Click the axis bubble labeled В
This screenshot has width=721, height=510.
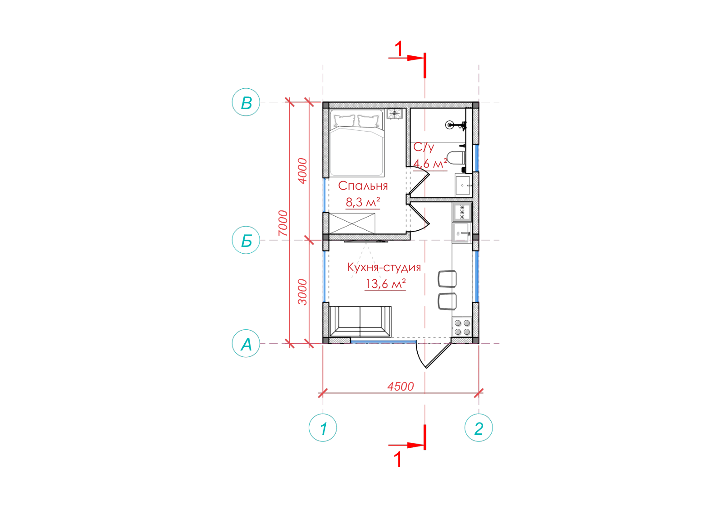pos(246,102)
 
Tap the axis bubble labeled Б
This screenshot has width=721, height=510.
pos(246,240)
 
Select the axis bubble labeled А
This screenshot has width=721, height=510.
pos(246,343)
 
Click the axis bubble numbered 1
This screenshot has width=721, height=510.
pos(323,428)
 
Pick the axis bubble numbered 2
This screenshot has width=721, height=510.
pos(479,428)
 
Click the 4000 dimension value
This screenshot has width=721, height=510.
pos(302,171)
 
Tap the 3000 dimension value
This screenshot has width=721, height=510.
pos(302,292)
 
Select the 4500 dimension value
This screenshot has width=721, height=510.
pos(401,387)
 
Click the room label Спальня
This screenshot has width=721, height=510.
pos(363,186)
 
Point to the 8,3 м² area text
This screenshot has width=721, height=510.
pos(363,202)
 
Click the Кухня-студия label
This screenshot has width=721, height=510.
pos(384,267)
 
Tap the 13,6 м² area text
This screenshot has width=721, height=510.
pos(385,284)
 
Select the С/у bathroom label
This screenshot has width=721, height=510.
pos(424,147)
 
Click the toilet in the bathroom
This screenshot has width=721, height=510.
pos(456,158)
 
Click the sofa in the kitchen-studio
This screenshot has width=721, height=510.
pos(360,321)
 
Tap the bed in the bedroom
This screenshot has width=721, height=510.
pos(357,143)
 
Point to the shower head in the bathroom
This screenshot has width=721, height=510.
pos(450,125)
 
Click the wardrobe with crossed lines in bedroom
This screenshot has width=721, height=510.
pos(352,223)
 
